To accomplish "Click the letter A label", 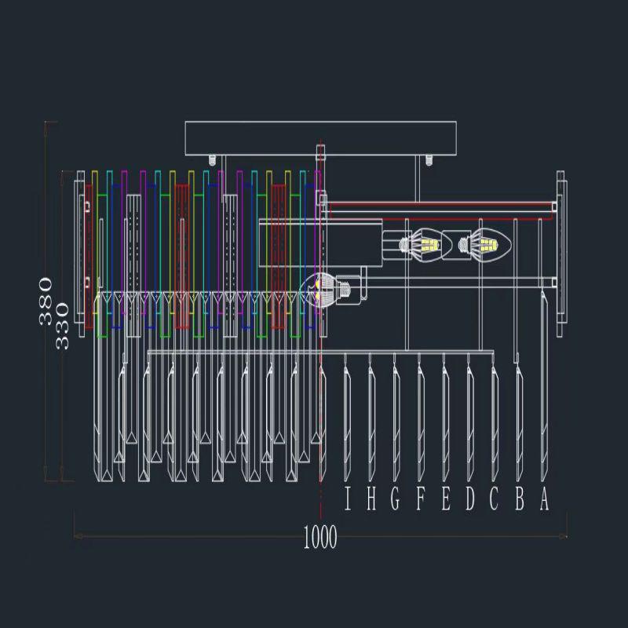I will (544, 500).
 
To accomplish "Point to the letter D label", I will (469, 500).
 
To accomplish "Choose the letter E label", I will (445, 500).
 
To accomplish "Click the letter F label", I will (420, 500).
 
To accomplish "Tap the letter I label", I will (348, 500).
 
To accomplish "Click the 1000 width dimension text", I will (319, 538).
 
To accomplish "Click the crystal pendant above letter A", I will (544, 385).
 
